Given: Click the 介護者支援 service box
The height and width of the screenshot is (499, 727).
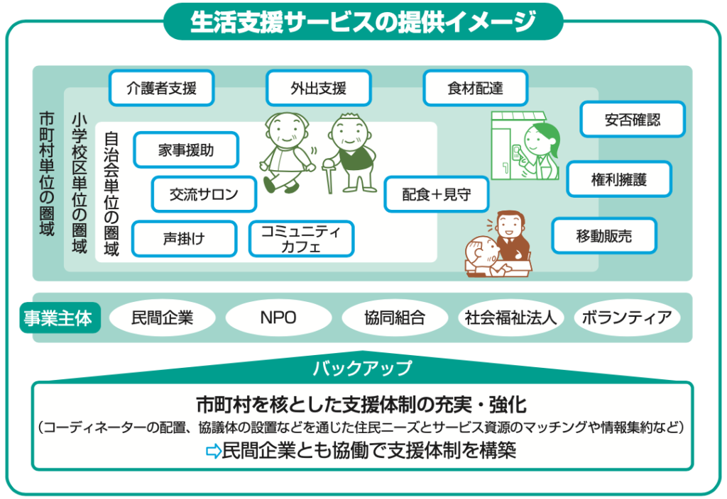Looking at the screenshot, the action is tap(161, 88).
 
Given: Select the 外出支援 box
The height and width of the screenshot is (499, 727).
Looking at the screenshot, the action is tap(319, 88).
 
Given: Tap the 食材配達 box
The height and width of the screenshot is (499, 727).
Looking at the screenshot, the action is tap(475, 88).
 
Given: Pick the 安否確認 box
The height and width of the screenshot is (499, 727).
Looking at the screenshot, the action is tap(633, 119).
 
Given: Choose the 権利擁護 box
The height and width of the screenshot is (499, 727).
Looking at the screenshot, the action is tap(619, 179).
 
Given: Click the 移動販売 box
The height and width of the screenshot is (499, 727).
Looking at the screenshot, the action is tap(604, 236).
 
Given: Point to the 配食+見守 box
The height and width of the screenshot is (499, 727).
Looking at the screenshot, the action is tap(437, 194).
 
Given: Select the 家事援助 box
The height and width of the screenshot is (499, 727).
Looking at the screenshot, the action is tap(186, 150).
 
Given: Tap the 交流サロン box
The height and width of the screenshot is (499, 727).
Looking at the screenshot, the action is tap(204, 194).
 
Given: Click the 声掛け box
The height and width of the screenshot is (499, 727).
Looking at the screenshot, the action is tap(184, 239).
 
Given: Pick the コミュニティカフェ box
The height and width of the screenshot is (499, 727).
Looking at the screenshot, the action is tap(301, 239).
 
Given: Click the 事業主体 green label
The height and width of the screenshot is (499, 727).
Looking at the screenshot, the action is tap(60, 318).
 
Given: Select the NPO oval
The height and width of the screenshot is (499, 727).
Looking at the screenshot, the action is tap(278, 318).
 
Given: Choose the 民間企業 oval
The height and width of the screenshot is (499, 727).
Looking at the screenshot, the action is tap(163, 318).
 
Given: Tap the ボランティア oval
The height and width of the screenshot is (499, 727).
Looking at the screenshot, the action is tap(627, 318).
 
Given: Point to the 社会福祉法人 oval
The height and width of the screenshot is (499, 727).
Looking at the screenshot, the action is tap(510, 318).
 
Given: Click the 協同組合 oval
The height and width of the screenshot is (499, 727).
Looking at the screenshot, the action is tap(395, 318).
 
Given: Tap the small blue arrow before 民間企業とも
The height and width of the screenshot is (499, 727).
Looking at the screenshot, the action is tap(213, 451).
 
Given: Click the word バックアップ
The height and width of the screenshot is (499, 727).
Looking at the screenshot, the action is tap(362, 369).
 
